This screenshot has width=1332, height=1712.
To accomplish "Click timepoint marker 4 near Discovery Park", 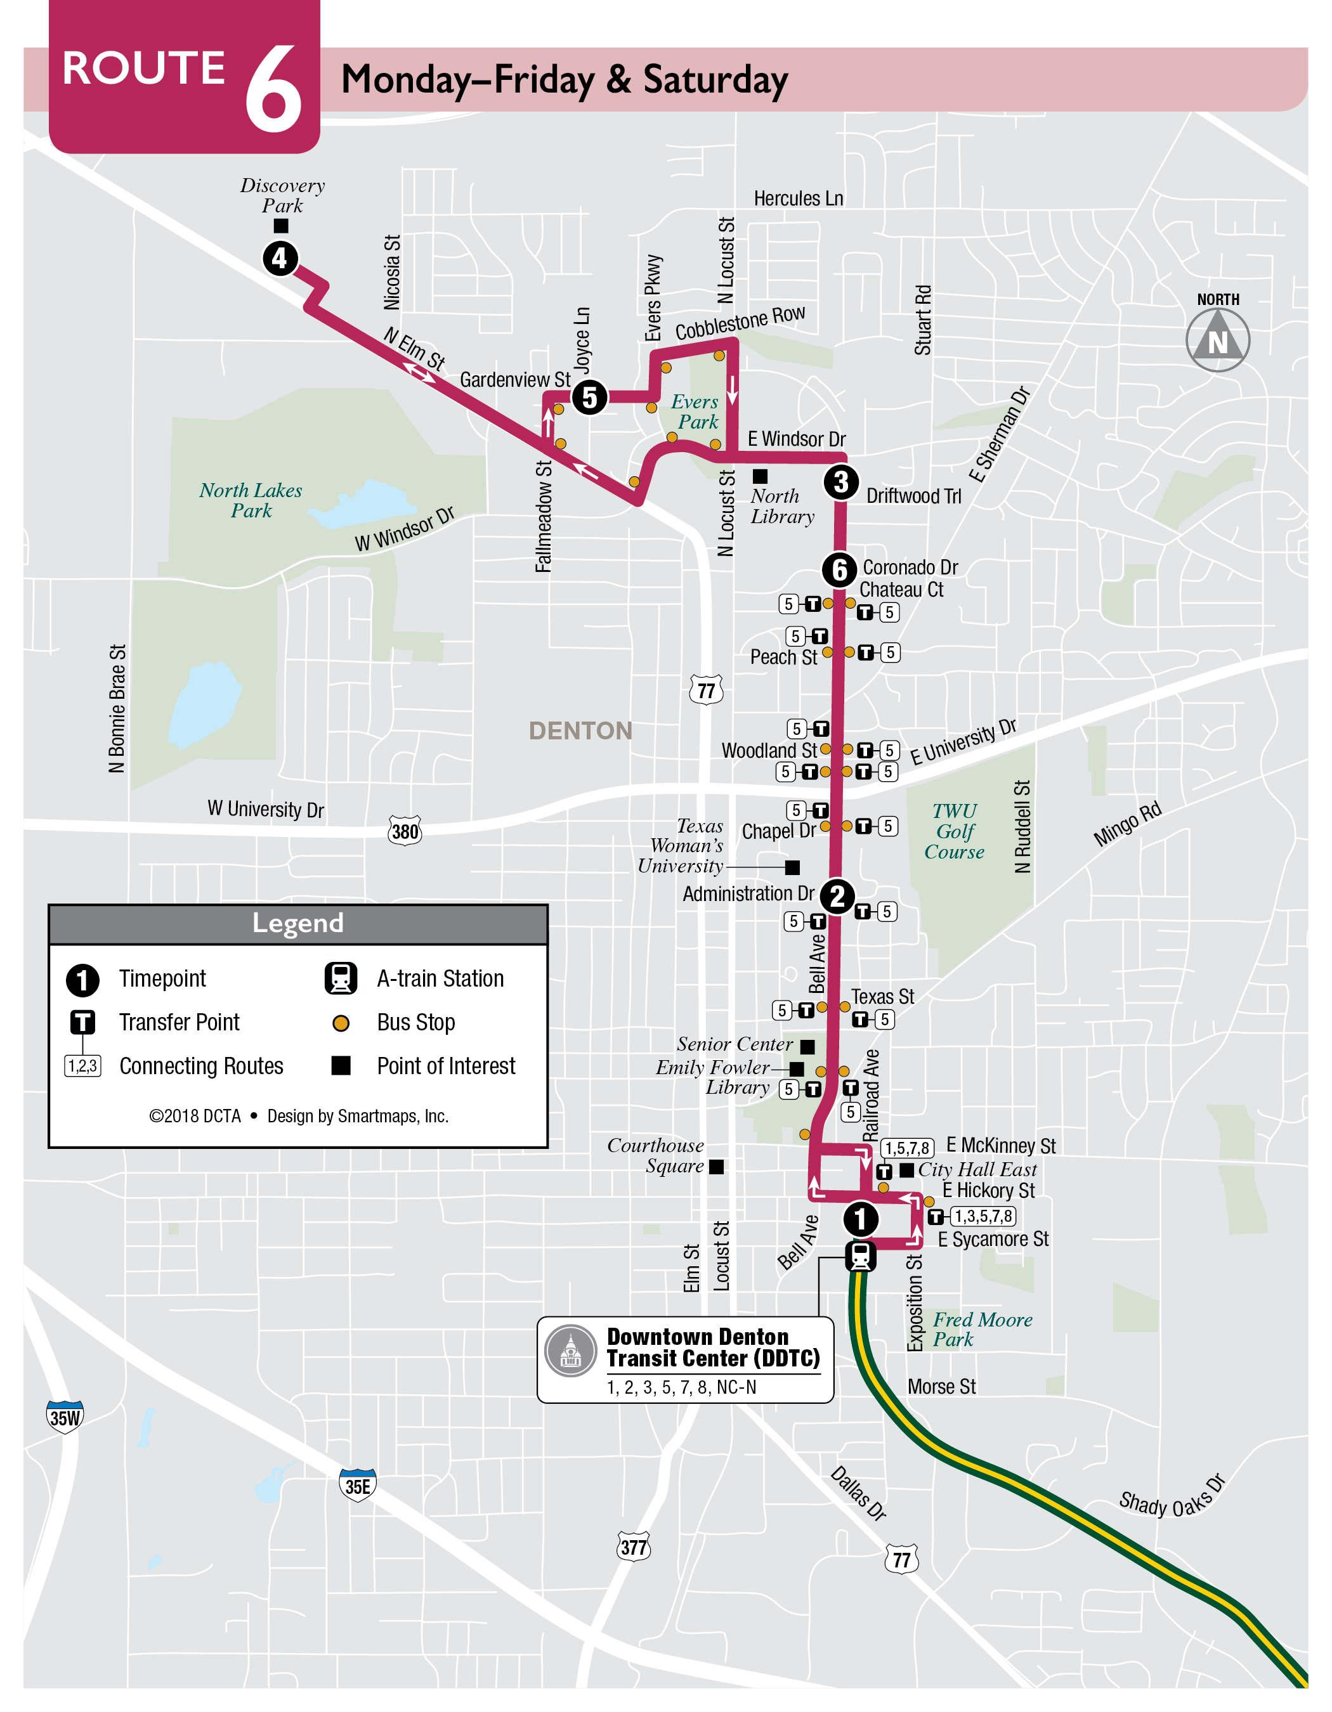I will [280, 258].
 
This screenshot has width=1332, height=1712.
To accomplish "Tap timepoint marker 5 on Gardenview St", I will [589, 397].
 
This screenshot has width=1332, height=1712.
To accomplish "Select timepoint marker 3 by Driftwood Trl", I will [840, 481].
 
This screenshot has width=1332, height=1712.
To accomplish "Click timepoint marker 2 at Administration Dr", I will [837, 896].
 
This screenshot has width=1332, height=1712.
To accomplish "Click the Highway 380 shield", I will [405, 831].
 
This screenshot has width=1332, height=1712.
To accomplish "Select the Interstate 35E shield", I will [358, 1486].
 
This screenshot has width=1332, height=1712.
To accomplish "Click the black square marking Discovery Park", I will [280, 226].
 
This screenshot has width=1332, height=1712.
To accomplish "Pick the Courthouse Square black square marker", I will [715, 1167].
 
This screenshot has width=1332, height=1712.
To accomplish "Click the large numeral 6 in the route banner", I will [273, 89].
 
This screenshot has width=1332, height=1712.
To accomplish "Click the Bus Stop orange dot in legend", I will [340, 1022].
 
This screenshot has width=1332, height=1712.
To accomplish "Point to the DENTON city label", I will [580, 730].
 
